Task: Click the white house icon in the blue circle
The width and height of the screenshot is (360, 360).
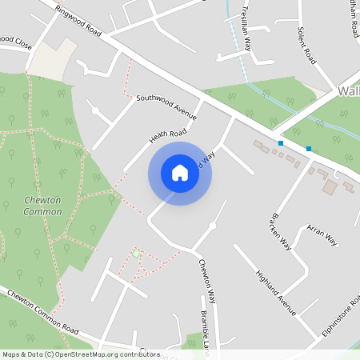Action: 180,173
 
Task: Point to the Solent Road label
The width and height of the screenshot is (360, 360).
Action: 305,45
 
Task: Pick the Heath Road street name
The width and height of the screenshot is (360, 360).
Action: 168,136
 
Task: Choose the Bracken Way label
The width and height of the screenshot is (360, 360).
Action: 281,232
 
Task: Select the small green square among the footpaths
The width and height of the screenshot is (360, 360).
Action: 136,254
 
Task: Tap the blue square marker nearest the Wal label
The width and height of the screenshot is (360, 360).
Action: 309,148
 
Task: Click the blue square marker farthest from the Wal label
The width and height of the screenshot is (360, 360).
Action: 281,142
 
